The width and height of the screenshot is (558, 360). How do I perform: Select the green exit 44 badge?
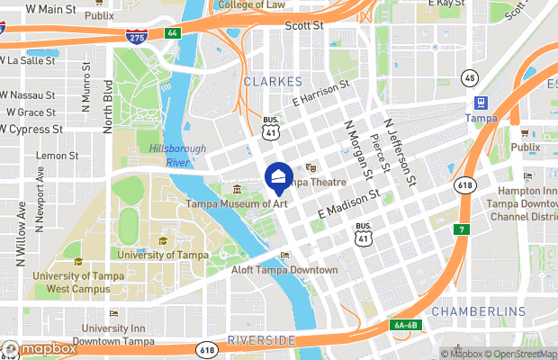click(x=172, y=32)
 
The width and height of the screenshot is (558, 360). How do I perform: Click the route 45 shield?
click(x=469, y=78)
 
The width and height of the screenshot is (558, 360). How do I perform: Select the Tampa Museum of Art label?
click(x=236, y=204)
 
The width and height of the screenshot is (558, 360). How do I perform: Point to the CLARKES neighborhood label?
click(x=273, y=81)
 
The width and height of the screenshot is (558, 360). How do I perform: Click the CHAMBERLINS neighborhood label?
click(x=478, y=311)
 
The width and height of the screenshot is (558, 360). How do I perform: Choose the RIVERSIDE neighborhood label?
click(x=261, y=339)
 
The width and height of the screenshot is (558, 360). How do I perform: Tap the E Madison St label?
click(x=350, y=202)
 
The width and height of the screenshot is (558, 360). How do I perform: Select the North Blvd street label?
click(x=108, y=107)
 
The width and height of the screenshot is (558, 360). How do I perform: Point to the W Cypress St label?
click(x=31, y=129)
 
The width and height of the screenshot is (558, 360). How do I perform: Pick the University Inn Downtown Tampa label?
click(x=114, y=334)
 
